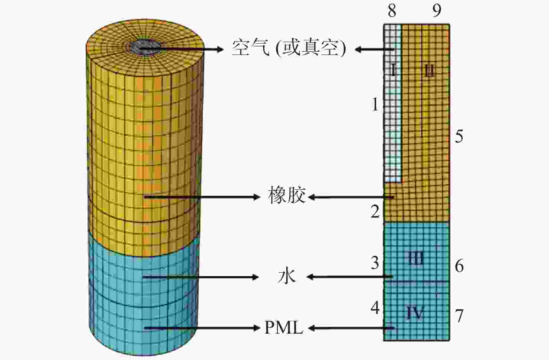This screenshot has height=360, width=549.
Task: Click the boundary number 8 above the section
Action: [392, 11]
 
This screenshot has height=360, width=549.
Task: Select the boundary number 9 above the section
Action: [437, 11]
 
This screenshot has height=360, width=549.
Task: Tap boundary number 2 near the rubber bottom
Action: [375, 212]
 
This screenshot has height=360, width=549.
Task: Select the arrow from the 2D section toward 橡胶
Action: [351, 197]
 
